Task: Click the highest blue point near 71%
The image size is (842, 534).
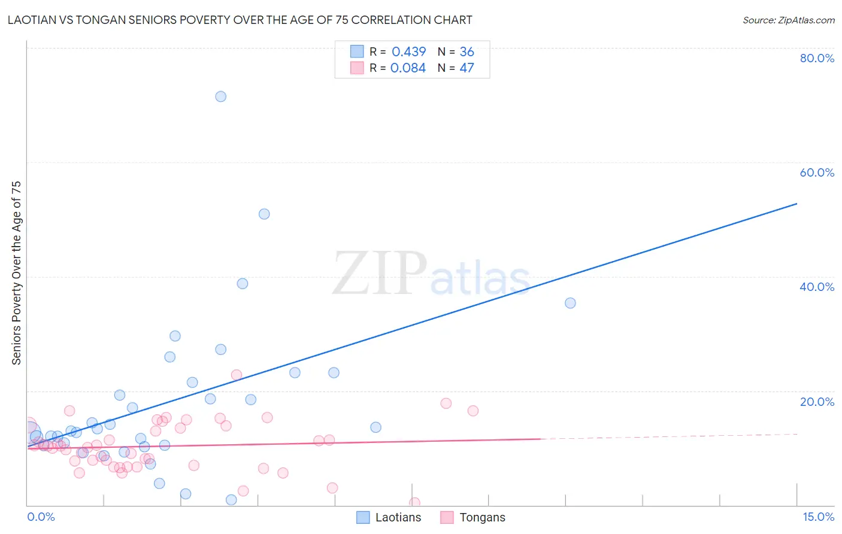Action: (x=220, y=96)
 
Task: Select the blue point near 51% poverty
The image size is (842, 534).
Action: (x=264, y=214)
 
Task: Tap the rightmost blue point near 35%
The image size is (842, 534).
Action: (x=570, y=303)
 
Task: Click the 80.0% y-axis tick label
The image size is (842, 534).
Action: (x=817, y=58)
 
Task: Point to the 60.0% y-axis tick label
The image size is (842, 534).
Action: (x=817, y=172)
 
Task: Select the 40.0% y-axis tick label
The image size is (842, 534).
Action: (x=817, y=287)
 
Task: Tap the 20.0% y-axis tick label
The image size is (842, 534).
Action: (x=817, y=402)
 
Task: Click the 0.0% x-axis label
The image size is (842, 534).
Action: (x=41, y=517)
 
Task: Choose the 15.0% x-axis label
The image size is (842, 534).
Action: (x=818, y=517)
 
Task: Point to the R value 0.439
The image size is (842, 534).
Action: (x=408, y=51)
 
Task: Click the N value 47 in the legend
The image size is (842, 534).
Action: (x=467, y=68)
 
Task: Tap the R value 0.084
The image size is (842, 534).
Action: (x=408, y=68)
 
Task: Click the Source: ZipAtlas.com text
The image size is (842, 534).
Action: (x=788, y=20)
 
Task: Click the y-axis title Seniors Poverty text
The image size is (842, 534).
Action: (x=16, y=272)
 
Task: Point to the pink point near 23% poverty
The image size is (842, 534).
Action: (x=236, y=375)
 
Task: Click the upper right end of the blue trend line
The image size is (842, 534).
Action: (x=796, y=204)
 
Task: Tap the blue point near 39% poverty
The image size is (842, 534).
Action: (x=243, y=283)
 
